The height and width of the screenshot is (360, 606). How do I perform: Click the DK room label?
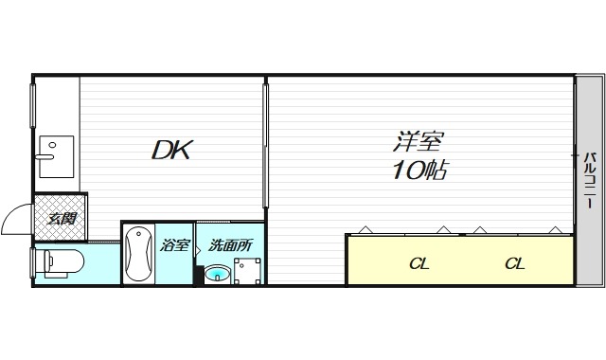172,150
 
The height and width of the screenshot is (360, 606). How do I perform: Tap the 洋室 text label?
417,143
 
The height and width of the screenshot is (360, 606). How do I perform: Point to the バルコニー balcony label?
588,180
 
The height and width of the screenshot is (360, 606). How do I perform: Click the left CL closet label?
419,263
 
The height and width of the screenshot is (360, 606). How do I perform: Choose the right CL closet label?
514,263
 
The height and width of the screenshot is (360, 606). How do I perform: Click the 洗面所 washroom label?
231,244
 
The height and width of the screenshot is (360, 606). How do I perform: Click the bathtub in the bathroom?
139,254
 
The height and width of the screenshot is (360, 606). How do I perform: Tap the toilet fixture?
61,261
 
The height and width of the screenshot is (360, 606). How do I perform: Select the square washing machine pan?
248,271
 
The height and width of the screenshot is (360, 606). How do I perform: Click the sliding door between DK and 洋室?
264,142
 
